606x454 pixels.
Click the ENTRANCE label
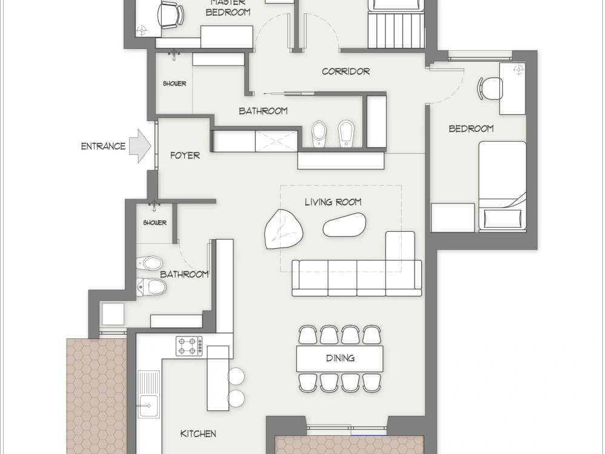103,146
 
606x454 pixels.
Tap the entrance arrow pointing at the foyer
140,146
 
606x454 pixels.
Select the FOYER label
185,156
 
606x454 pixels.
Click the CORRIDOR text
345,71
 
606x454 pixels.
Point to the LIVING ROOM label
333,202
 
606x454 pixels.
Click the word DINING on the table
340,358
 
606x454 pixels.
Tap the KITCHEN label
198,433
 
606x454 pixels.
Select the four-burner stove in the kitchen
189,346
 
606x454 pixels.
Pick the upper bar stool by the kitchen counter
236,377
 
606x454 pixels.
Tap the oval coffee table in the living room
344,225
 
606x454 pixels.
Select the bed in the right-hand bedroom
502,185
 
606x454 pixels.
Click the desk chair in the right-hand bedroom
491,88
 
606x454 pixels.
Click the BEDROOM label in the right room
471,128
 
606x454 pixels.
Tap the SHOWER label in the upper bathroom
175,84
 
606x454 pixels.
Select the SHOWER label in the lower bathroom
155,223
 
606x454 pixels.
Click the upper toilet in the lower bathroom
150,263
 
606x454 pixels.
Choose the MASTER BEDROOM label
228,7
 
